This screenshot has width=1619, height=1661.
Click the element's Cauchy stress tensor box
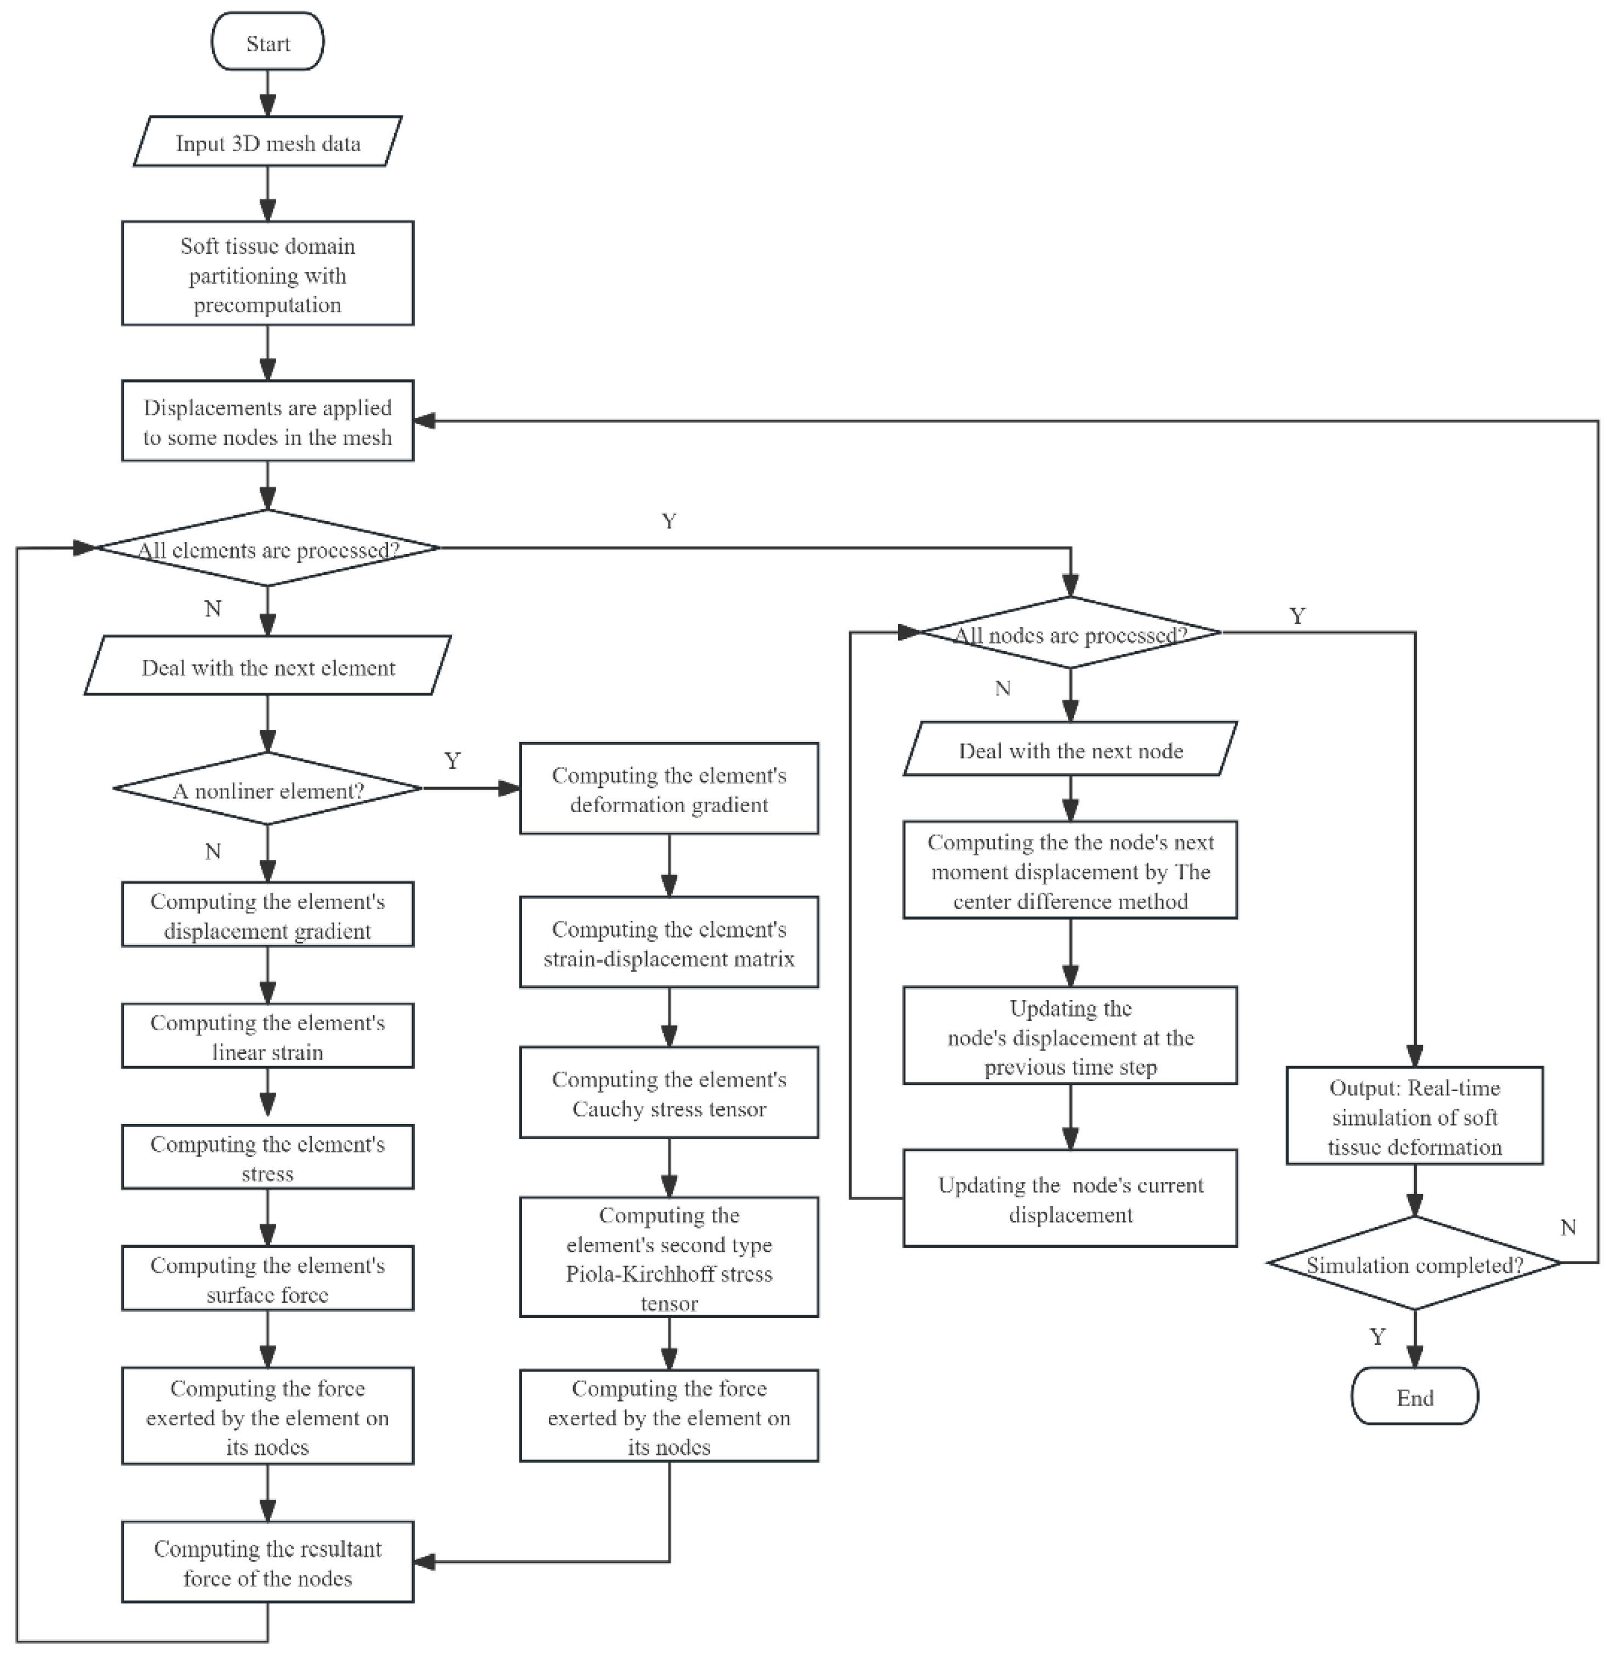tap(668, 1093)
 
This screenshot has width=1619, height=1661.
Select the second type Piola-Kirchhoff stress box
tap(668, 1258)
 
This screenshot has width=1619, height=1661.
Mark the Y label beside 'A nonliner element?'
tap(453, 760)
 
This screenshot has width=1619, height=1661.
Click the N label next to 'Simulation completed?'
tap(1568, 1227)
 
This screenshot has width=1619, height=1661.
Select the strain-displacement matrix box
tap(668, 943)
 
